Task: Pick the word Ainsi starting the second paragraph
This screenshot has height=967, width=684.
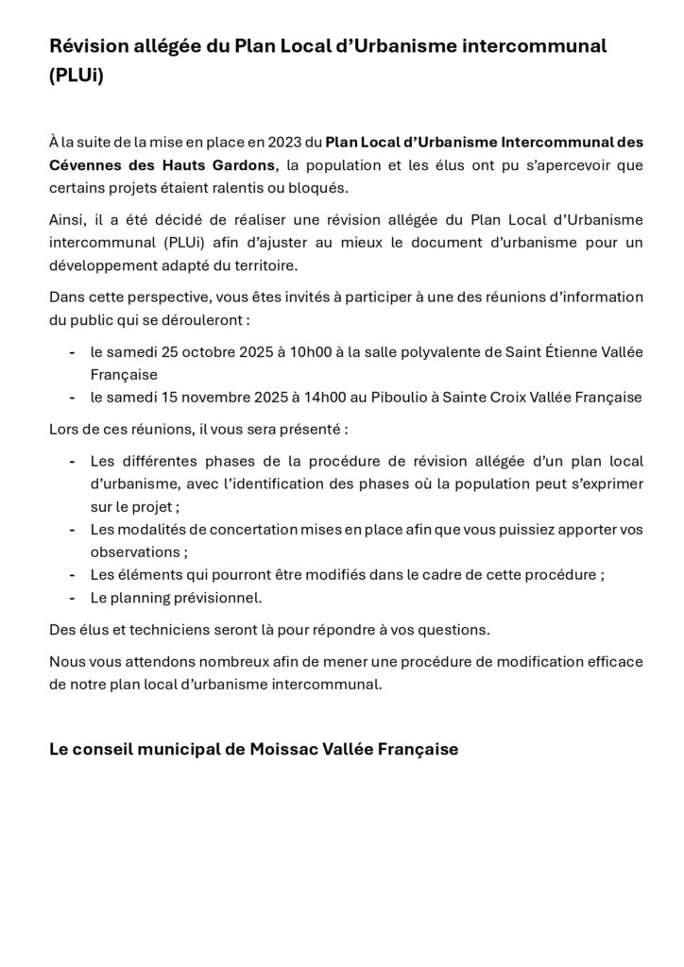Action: pos(65,220)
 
